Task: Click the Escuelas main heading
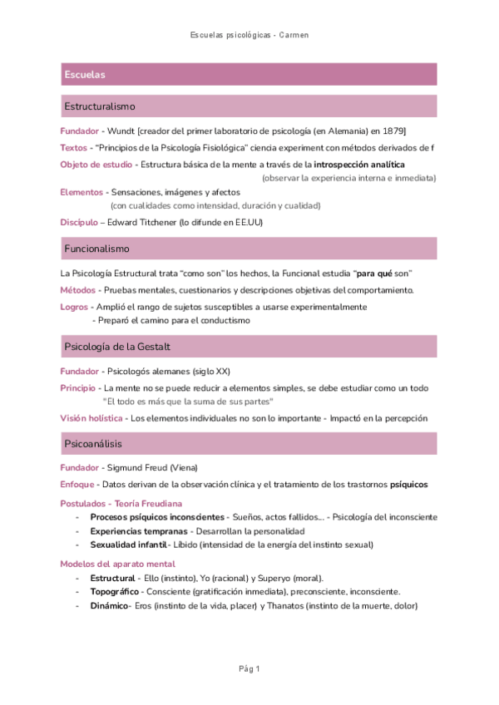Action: (x=85, y=75)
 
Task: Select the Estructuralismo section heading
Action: (x=100, y=106)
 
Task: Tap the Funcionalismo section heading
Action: (x=96, y=249)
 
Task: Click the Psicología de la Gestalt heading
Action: (x=117, y=346)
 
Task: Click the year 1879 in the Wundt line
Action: (x=395, y=131)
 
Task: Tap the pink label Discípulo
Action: (x=78, y=222)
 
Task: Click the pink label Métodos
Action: (x=77, y=290)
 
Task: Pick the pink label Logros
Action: (x=74, y=307)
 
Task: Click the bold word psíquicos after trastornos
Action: (x=413, y=484)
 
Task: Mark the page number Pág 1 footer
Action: (x=249, y=669)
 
